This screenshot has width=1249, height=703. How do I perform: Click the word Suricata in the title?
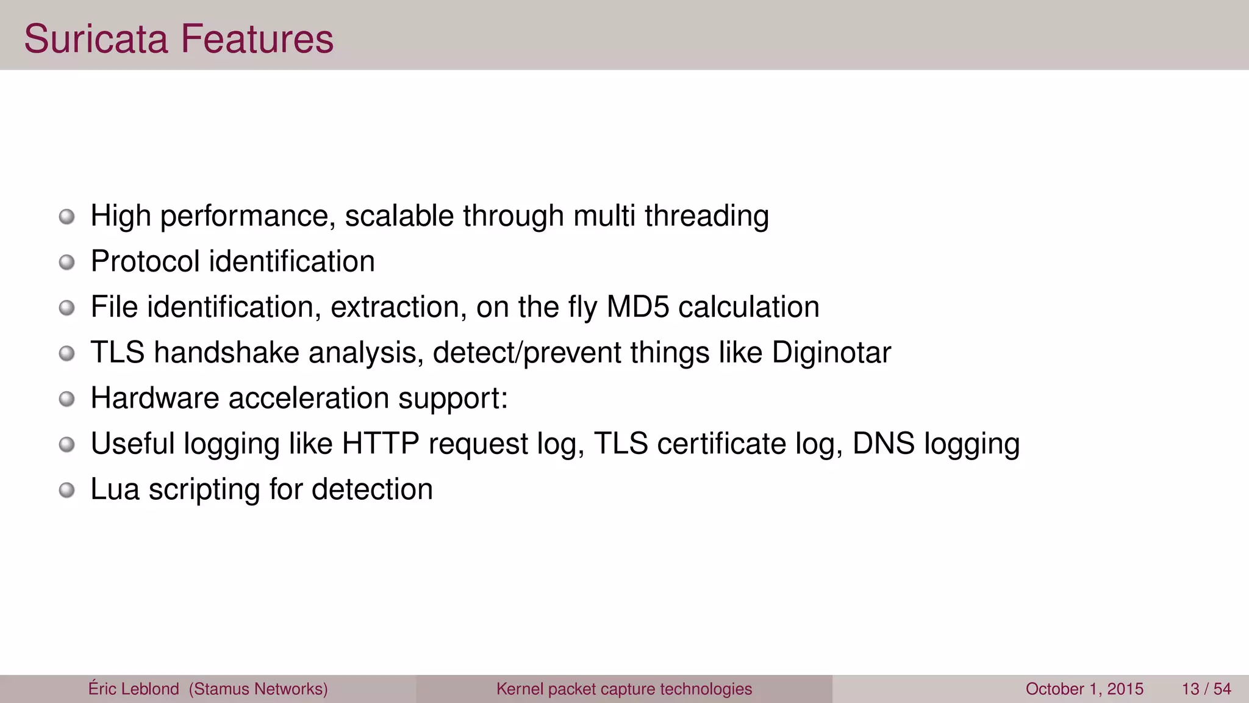[x=96, y=39]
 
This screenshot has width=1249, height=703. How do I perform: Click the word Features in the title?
[x=257, y=39]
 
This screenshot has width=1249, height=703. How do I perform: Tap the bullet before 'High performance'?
[x=67, y=217]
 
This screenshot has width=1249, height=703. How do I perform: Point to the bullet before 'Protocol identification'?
[x=67, y=262]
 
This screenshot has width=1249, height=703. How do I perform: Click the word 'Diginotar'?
[x=831, y=353]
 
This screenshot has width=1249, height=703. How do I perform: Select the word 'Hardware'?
[x=155, y=398]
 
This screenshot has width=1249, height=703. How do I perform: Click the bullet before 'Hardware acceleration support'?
[x=67, y=399]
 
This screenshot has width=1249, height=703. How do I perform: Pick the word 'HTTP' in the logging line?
[x=381, y=444]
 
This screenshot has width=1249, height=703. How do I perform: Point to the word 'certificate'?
[x=721, y=444]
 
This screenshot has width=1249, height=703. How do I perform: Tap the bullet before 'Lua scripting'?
[x=67, y=490]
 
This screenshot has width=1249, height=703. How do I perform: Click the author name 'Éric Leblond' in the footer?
[x=134, y=689]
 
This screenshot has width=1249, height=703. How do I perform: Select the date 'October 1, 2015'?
[x=1084, y=689]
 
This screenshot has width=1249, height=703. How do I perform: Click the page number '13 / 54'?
[x=1206, y=689]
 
